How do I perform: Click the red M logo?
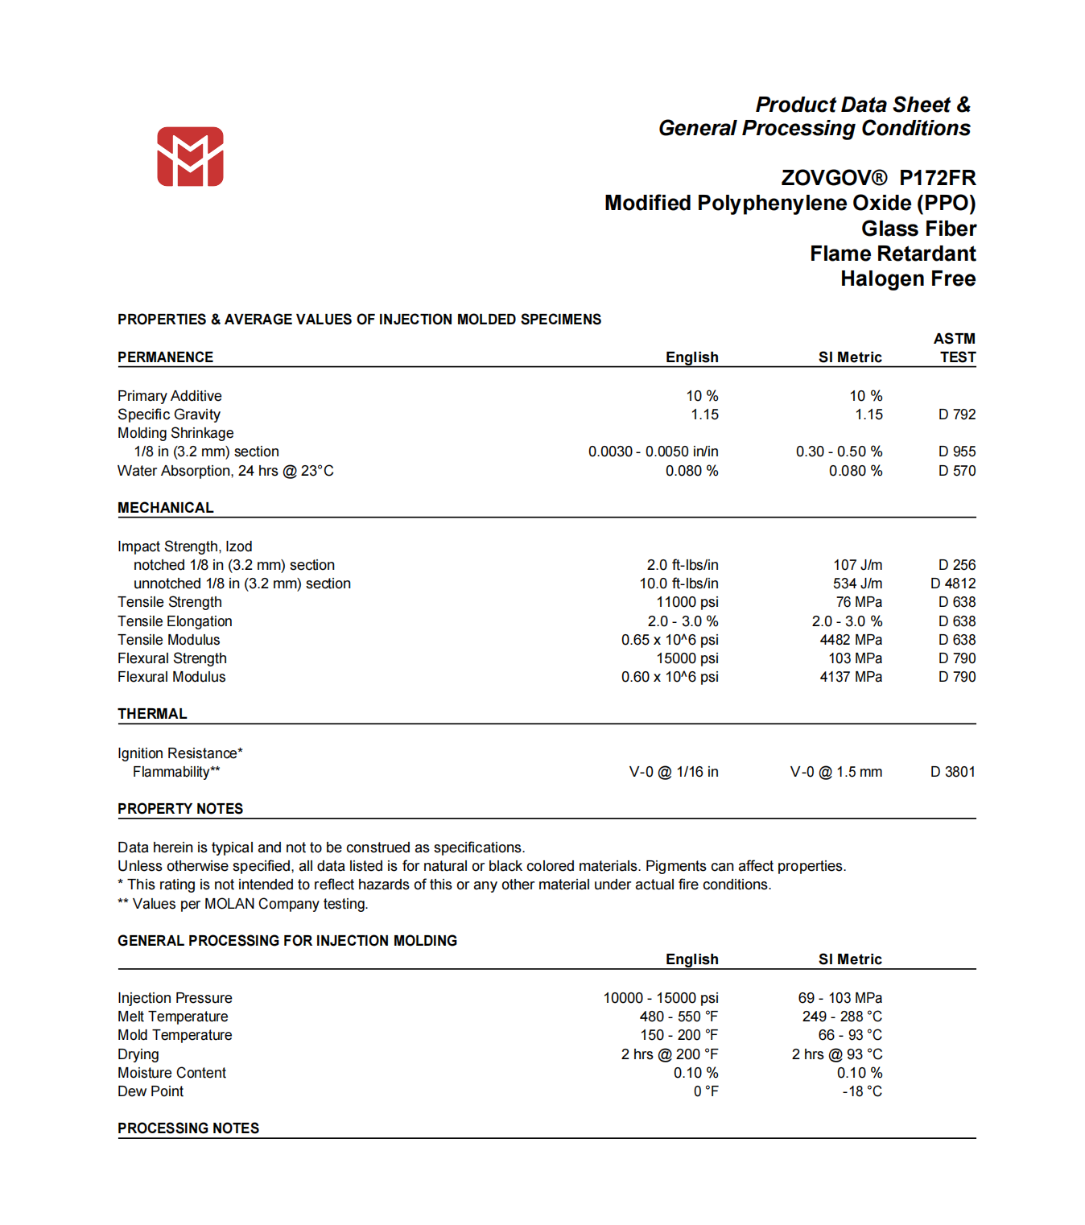pos(190,157)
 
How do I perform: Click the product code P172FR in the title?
pos(937,178)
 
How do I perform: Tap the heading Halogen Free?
pos(908,279)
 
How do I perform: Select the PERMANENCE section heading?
pos(165,357)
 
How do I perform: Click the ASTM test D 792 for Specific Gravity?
pos(956,415)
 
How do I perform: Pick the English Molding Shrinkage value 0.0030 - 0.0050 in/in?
pos(653,452)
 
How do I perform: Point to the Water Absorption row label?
pos(225,471)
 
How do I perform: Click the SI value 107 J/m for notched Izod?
pos(857,565)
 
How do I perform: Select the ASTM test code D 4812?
pos(953,584)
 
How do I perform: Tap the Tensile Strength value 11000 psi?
pos(687,602)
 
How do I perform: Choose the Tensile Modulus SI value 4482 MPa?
pos(850,640)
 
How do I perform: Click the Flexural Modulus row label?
pos(171,677)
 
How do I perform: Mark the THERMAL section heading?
pos(152,714)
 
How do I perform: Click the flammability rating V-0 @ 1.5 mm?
pos(835,772)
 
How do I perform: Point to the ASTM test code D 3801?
pos(953,772)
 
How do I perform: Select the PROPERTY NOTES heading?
pos(180,809)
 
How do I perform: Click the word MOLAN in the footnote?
pos(230,904)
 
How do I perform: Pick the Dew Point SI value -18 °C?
pos(861,1091)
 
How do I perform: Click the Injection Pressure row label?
pos(175,998)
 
